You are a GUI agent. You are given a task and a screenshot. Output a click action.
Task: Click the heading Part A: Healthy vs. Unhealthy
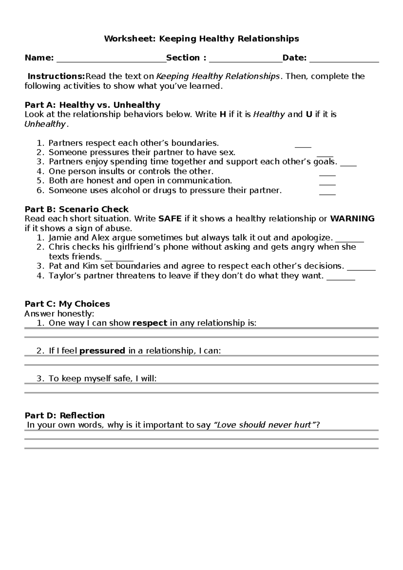coord(92,105)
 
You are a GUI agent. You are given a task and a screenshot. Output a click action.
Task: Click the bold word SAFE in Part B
coord(170,219)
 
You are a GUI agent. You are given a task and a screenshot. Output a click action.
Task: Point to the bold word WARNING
coord(352,219)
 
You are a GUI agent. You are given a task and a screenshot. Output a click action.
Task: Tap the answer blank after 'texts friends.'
coord(119,259)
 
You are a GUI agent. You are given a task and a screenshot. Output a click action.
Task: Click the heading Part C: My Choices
coord(67,304)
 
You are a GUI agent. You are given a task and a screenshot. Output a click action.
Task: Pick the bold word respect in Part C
coord(150,323)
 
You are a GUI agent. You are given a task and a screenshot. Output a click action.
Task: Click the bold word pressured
coord(102,351)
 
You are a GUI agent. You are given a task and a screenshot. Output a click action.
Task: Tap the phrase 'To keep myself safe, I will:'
coord(102,379)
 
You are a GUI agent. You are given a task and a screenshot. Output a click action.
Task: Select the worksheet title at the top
coord(201,39)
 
